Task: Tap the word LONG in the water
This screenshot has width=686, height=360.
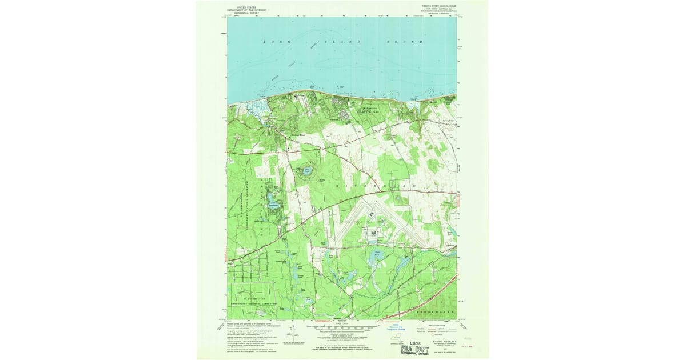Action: pos(274,42)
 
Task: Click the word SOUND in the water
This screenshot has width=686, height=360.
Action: pos(404,42)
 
